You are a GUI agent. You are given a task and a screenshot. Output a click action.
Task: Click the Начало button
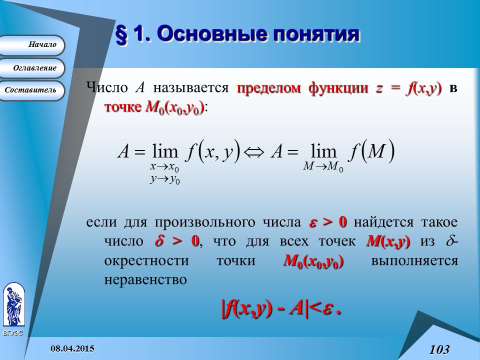(x=32, y=45)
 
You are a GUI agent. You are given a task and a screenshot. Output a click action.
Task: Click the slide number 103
(x=439, y=348)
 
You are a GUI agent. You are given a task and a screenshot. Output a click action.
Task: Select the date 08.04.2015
(x=74, y=348)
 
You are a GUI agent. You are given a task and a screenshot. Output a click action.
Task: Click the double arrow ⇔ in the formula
(x=255, y=151)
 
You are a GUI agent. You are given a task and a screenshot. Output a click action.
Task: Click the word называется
(x=191, y=88)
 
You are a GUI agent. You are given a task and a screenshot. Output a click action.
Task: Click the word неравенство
(x=145, y=279)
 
